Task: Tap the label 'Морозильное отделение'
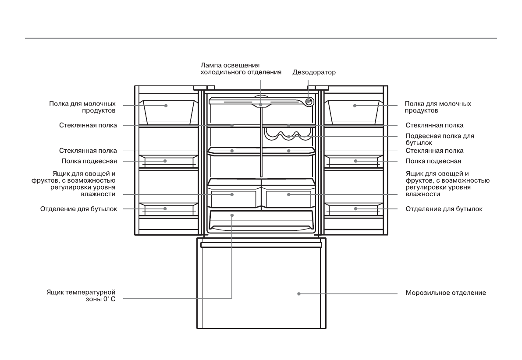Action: pyautogui.click(x=445, y=293)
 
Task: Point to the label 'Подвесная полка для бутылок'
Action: pyautogui.click(x=440, y=139)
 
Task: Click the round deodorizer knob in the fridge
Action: pyautogui.click(x=309, y=101)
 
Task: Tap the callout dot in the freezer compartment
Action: pyautogui.click(x=299, y=293)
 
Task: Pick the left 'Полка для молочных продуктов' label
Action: pyautogui.click(x=83, y=107)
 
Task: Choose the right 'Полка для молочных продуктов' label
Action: pyautogui.click(x=437, y=107)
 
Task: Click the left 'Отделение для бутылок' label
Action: pyautogui.click(x=79, y=209)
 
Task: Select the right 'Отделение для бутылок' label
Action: pyautogui.click(x=444, y=209)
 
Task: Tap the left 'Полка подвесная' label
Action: pyautogui.click(x=89, y=161)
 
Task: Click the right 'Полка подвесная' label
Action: pyautogui.click(x=433, y=161)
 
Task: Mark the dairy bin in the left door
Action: pyautogui.click(x=166, y=112)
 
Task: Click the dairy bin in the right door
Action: pyautogui.click(x=355, y=112)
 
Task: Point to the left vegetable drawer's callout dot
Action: pyautogui.click(x=232, y=194)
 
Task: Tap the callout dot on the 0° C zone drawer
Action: pyautogui.click(x=232, y=215)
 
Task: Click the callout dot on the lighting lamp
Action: pyautogui.click(x=260, y=105)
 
